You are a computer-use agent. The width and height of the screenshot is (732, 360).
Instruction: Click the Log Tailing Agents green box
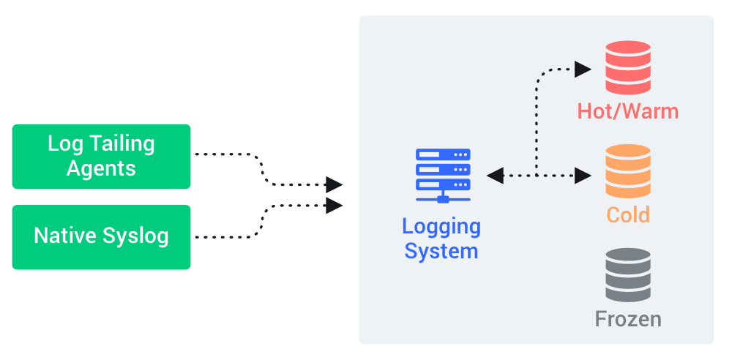pos(101,156)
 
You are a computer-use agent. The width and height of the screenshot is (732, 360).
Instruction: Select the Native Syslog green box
pos(101,236)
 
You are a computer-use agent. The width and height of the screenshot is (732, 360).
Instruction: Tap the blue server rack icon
pos(443,175)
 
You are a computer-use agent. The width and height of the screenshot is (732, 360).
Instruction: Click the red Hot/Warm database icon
pos(627,64)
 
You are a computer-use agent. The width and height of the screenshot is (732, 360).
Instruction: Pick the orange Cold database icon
pos(627,170)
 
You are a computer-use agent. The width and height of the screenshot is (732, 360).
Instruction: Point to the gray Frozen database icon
pos(627,275)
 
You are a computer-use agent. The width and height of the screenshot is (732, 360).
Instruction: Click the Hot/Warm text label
pos(627,111)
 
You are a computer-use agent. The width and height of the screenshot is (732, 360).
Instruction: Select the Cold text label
pos(627,216)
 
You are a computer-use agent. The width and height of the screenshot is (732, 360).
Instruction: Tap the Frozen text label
pos(627,320)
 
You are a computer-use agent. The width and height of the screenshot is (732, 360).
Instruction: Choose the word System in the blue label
pos(441,252)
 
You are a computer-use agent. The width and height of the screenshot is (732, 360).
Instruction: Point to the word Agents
pos(101,168)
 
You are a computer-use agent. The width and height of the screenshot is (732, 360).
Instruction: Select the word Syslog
pos(135,236)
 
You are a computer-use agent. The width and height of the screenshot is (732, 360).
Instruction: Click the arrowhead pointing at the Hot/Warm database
pos(583,70)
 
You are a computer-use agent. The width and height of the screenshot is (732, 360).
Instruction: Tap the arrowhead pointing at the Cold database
pos(583,176)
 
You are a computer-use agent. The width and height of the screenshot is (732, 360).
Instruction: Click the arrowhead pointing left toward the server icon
pos(495,176)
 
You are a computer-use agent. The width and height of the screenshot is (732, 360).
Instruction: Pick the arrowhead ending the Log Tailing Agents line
pos(335,184)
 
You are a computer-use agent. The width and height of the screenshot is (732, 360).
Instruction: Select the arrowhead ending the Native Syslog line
pos(335,206)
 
